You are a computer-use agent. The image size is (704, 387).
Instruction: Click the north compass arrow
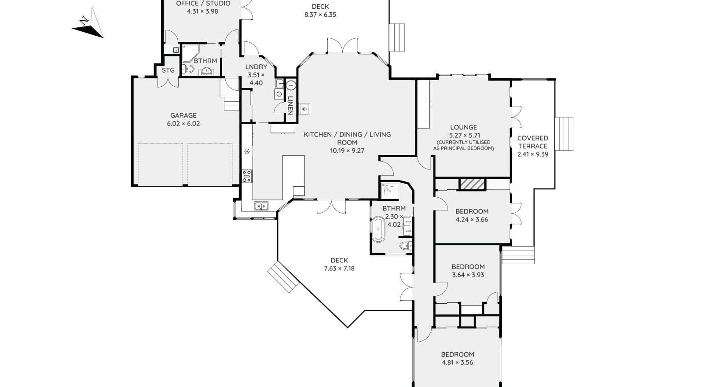[x=88, y=25]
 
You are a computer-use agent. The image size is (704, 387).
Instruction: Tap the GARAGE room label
[x=183, y=115]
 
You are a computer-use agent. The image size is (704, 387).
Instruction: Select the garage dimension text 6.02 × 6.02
[x=183, y=124]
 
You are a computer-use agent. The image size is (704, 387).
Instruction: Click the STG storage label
[x=168, y=70]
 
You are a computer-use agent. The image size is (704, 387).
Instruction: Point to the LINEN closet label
[x=290, y=105]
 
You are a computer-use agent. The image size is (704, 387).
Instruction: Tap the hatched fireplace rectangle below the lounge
[x=473, y=184]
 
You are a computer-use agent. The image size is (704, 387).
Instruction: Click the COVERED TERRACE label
[x=533, y=142]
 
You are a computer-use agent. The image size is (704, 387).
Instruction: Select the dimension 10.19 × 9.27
[x=347, y=151]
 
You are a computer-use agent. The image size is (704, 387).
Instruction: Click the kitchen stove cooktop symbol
[x=247, y=177]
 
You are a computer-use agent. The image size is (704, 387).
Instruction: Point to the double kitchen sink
[x=261, y=206]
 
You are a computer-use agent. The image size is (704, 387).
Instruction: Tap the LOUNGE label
[x=464, y=127]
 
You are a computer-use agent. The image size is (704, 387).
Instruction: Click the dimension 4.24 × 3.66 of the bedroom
[x=472, y=219]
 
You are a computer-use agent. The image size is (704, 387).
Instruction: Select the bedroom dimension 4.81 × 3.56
[x=457, y=362]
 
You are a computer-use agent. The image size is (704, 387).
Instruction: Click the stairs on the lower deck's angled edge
[x=283, y=277]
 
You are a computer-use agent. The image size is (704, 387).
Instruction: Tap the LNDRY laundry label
[x=256, y=66]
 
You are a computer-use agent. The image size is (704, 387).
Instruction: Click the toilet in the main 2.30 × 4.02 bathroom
[x=406, y=246]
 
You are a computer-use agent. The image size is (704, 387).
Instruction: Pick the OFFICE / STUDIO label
[x=203, y=4]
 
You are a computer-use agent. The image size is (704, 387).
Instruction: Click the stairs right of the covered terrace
[x=564, y=134]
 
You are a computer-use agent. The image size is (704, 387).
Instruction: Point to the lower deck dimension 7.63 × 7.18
[x=339, y=269]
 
